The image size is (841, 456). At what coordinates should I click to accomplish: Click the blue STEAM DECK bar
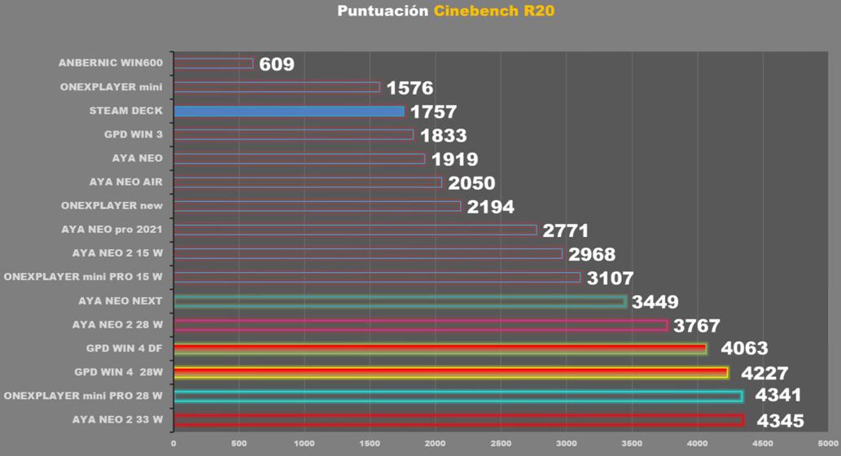289,111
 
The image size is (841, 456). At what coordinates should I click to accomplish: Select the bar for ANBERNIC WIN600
213,63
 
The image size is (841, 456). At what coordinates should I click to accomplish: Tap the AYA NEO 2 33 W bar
458,420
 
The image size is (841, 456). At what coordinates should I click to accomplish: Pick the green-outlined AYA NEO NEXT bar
400,301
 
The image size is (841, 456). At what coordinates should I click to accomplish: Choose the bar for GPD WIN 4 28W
450,372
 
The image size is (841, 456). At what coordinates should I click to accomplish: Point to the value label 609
277,64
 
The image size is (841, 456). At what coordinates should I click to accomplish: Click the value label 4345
780,421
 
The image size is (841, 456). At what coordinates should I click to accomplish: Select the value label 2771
565,231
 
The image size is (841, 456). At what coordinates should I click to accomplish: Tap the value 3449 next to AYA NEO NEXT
655,303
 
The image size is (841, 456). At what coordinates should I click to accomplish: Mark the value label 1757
433,112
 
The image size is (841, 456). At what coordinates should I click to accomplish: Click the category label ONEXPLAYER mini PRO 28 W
83,396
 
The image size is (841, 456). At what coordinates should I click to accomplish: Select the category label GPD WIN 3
134,134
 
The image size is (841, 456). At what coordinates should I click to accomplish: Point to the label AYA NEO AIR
126,182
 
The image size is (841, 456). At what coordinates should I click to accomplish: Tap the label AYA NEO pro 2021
112,230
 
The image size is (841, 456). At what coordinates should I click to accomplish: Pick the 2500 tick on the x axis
501,444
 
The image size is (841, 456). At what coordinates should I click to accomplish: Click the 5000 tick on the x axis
828,444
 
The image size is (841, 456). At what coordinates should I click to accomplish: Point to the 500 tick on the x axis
239,444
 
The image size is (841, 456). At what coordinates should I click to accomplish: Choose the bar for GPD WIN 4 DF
440,349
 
